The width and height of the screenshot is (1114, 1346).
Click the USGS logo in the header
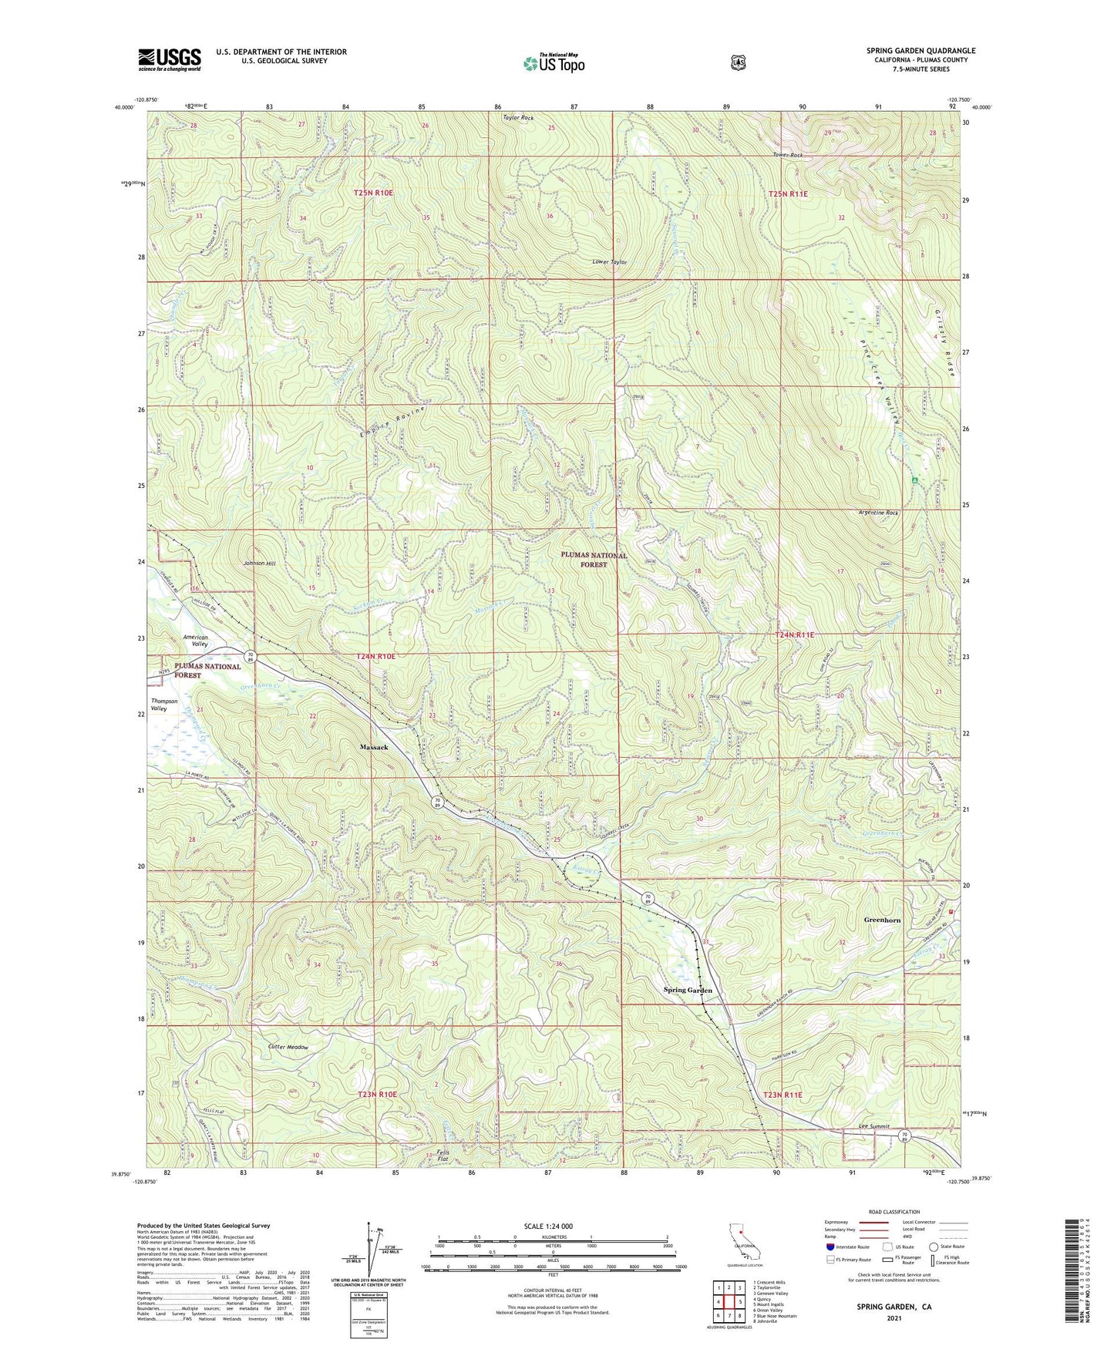pos(170,59)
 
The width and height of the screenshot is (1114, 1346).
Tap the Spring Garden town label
pos(688,990)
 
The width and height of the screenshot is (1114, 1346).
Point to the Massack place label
pos(374,747)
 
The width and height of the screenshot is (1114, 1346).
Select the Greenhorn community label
pos(882,920)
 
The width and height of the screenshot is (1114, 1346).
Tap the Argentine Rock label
pos(878,513)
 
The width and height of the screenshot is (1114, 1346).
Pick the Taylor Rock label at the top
pos(518,118)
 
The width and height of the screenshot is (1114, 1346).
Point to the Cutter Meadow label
pos(288,1048)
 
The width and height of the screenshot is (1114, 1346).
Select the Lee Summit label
pos(874,1126)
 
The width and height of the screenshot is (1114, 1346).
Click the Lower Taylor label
pos(609,262)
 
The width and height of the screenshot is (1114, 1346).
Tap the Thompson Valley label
pos(163,705)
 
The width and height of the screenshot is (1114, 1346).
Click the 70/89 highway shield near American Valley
pos(251,658)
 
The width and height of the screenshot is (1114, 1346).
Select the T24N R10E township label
pos(375,656)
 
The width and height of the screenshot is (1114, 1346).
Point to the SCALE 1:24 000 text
pos(548,1227)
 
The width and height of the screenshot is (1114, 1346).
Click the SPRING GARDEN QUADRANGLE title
pos(920,51)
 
